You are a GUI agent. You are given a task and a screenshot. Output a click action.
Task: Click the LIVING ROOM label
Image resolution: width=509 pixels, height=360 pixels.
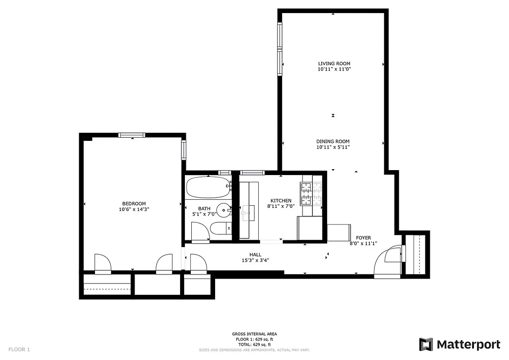(334, 63)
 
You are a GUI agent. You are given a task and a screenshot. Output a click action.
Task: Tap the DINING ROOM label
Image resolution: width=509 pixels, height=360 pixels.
(333, 141)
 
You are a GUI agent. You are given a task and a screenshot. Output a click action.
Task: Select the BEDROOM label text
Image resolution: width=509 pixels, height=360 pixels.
(133, 203)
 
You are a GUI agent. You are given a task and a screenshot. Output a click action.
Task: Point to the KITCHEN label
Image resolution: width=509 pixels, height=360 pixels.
(281, 201)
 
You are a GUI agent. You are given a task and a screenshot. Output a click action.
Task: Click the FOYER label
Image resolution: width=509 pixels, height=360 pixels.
(363, 238)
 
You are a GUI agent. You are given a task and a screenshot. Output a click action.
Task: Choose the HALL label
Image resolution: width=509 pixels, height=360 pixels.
(255, 255)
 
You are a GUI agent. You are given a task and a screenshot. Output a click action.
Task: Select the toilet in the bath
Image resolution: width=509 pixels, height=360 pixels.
(220, 229)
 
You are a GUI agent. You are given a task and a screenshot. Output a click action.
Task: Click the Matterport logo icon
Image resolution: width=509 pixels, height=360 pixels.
(426, 344)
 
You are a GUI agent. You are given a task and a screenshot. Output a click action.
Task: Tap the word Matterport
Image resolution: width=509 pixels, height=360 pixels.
(468, 345)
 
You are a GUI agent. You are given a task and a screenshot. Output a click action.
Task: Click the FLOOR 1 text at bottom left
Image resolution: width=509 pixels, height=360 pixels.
(19, 349)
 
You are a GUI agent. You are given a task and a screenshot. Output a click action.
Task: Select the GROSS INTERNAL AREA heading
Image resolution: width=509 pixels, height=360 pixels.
(255, 334)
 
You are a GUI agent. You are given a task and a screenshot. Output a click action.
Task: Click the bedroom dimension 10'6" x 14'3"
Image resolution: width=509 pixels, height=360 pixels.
(133, 209)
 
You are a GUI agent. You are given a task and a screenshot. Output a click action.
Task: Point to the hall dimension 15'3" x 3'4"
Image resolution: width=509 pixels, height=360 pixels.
(255, 260)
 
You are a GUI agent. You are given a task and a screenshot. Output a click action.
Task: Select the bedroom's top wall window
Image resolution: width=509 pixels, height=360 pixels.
(132, 135)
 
